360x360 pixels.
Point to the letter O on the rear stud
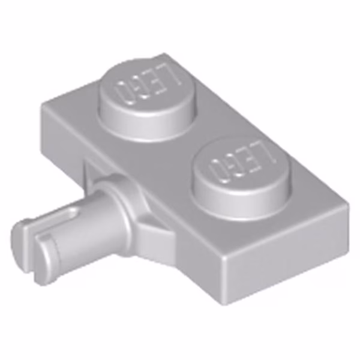124,94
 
